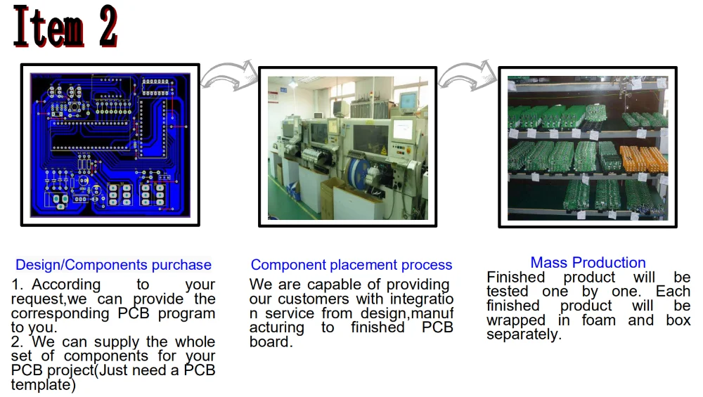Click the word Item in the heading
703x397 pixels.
coord(48,28)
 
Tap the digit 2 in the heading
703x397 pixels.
coord(108,28)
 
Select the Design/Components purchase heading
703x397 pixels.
coord(113,265)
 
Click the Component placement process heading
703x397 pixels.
coord(351,265)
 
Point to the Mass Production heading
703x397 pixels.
coord(588,263)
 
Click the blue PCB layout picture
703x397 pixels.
coord(110,145)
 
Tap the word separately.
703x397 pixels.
coord(523,334)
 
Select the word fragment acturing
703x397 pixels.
coord(277,328)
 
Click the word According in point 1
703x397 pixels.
coord(66,285)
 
